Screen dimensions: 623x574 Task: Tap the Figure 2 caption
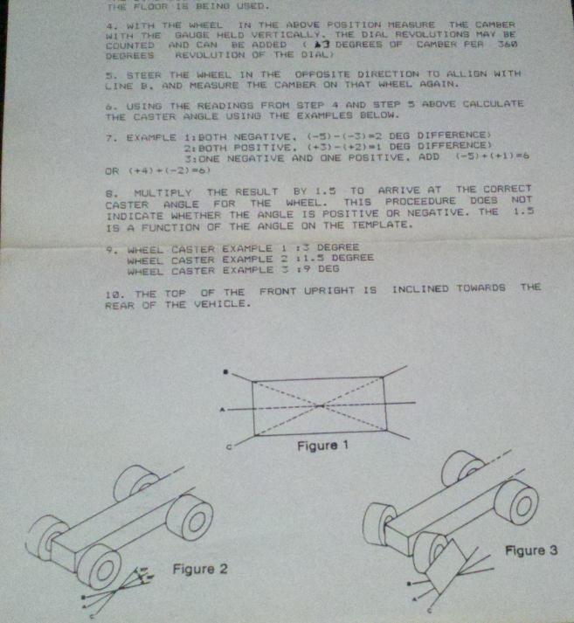pos(200,569)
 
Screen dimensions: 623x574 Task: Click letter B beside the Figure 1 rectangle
pos(226,372)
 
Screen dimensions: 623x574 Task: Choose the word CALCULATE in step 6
pos(490,103)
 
